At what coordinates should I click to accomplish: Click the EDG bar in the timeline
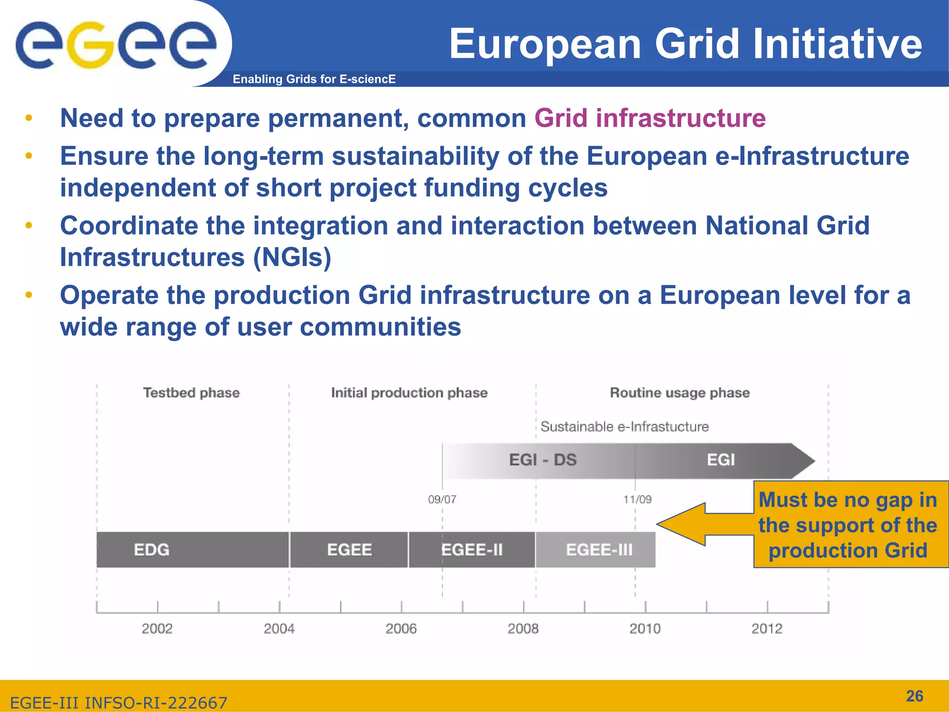[192, 550]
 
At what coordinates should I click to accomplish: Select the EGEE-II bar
[472, 550]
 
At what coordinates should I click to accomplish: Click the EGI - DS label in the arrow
[543, 460]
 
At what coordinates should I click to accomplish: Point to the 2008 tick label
[523, 629]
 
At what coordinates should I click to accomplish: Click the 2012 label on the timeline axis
[767, 629]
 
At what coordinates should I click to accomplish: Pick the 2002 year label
[157, 629]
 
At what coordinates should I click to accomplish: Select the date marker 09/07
[442, 499]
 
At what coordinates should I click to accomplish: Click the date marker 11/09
[637, 499]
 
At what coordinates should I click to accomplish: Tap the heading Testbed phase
[191, 393]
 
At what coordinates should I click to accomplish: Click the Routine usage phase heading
[680, 393]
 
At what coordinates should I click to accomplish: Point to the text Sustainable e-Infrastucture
[625, 426]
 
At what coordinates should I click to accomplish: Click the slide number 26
[914, 696]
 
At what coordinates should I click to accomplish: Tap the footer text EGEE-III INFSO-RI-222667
[119, 703]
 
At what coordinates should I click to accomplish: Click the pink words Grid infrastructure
[650, 118]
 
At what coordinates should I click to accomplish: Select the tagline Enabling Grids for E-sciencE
[314, 79]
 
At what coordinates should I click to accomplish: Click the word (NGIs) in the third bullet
[292, 257]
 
